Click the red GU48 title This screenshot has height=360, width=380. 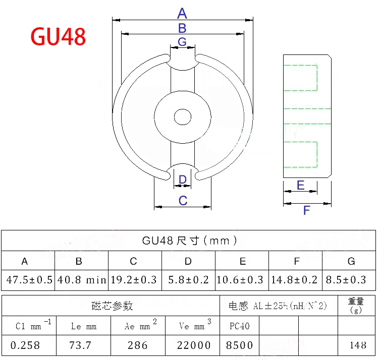point(58,36)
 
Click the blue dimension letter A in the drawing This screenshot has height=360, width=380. point(182,13)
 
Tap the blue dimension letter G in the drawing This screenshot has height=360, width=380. point(182,42)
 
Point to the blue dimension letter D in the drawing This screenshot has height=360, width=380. point(183,179)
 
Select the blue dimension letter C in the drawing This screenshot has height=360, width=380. point(183,201)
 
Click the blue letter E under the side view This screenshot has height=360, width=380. point(300,185)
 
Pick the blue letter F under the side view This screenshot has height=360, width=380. point(306,210)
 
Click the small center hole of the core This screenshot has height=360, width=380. point(183,117)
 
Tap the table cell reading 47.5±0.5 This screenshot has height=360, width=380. point(29,280)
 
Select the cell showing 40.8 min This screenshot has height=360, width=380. point(82,280)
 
